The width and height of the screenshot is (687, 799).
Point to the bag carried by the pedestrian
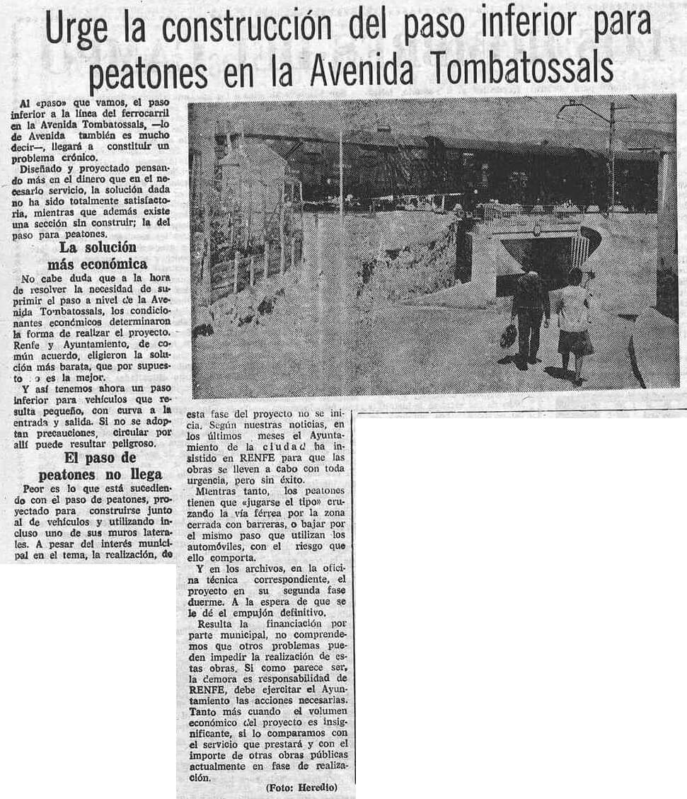pyautogui.click(x=508, y=335)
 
